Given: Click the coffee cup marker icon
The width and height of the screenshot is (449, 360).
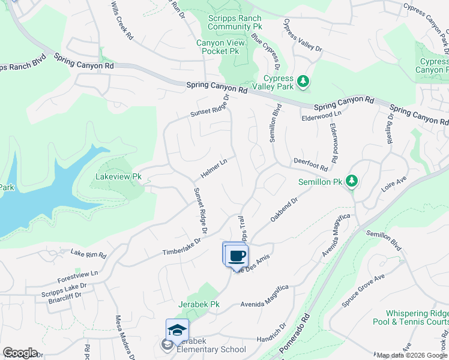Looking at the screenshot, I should (237, 256).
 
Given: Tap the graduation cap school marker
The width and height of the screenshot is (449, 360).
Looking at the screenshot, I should (177, 331).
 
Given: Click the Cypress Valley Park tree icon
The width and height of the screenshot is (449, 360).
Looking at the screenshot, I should (304, 82).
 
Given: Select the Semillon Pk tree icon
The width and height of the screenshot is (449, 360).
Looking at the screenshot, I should (352, 181).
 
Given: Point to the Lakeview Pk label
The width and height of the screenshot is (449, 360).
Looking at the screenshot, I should (118, 177).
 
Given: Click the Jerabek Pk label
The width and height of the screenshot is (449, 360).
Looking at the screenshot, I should (198, 305).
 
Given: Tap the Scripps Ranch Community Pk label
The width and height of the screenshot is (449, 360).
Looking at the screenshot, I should (235, 23).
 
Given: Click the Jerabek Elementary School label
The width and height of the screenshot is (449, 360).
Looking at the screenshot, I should (208, 349).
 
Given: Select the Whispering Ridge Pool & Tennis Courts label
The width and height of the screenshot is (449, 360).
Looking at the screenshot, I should (417, 318).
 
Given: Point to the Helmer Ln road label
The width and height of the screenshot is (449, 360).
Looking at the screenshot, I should (214, 169).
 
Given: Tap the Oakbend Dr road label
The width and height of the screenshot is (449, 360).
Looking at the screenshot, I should (284, 210).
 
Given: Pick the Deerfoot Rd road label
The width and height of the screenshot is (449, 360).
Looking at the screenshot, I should (311, 164).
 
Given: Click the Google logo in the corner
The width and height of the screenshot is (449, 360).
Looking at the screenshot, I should (20, 353).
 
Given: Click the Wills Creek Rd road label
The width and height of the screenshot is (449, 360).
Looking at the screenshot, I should (122, 20).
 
